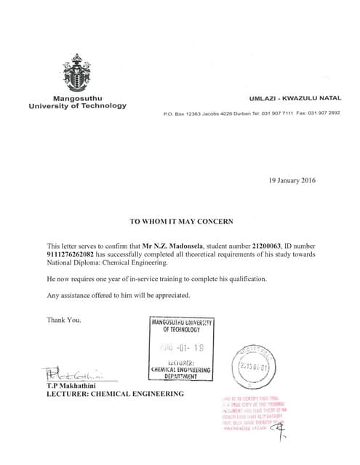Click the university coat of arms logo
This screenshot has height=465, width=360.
pyautogui.click(x=76, y=72)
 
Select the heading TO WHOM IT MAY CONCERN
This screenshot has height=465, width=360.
pyautogui.click(x=180, y=220)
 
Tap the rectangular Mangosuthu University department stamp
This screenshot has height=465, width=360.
pyautogui.click(x=181, y=348)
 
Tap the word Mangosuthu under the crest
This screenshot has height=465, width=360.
pyautogui.click(x=77, y=98)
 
